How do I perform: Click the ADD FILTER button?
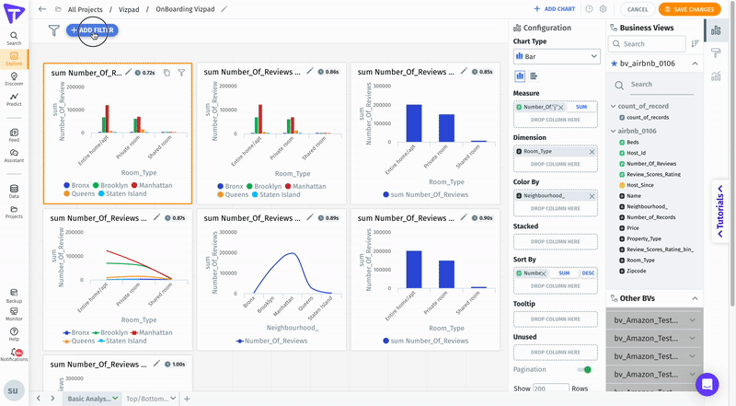click(x=92, y=30)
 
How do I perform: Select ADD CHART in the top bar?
click(x=555, y=9)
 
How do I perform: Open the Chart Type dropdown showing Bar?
click(x=557, y=57)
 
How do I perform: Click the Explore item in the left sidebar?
click(x=14, y=58)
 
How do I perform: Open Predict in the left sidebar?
click(x=14, y=99)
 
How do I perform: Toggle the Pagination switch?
click(x=584, y=369)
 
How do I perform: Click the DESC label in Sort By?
click(x=588, y=273)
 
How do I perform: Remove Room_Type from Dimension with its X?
click(x=592, y=151)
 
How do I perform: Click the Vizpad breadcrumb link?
click(x=130, y=9)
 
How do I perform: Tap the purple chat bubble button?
click(x=707, y=384)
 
